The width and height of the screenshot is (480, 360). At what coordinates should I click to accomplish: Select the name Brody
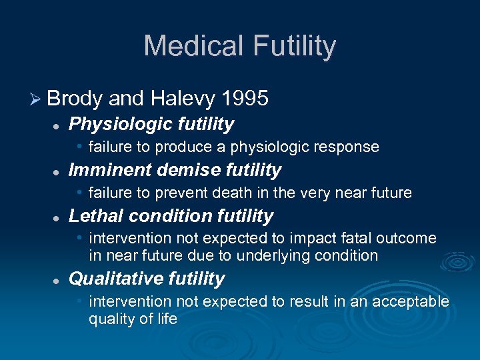click(74, 99)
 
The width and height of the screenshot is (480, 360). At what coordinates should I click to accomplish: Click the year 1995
click(244, 99)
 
